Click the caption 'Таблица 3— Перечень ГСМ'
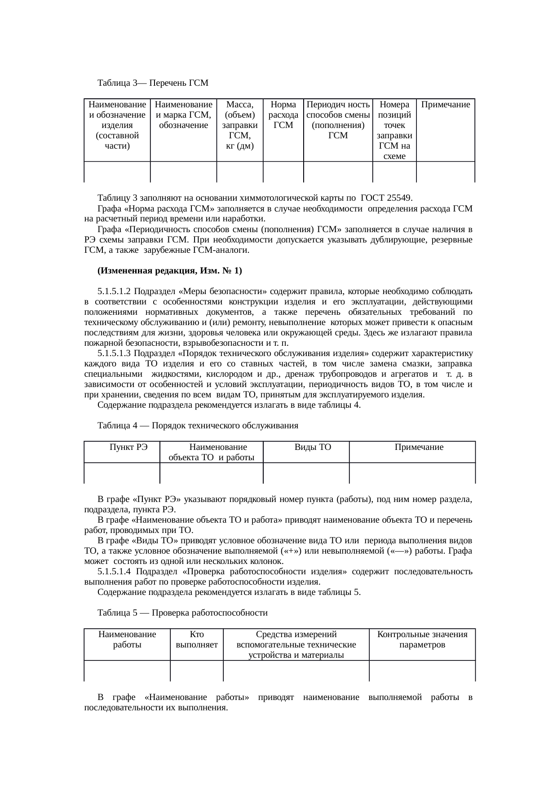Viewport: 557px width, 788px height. (153, 83)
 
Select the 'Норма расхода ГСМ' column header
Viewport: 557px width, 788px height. (283, 115)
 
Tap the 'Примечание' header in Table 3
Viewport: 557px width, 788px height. (445, 105)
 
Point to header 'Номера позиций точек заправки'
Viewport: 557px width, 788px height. (394, 130)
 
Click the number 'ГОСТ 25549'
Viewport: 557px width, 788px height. (387, 198)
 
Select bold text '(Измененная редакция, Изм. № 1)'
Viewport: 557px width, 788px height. (169, 271)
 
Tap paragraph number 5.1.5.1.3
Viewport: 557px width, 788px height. (114, 353)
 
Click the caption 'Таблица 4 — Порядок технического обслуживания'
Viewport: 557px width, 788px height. (198, 425)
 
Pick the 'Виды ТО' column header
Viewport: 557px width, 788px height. (313, 447)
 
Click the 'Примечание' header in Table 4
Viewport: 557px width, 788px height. (419, 447)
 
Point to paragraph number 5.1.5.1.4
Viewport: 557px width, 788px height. (115, 572)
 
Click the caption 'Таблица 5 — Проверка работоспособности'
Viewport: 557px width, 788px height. (182, 613)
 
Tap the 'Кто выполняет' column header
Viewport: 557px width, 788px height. (197, 639)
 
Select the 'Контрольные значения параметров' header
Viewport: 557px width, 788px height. (422, 639)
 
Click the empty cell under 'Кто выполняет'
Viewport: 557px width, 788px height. (197, 670)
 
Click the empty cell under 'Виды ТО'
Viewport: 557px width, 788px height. (306, 473)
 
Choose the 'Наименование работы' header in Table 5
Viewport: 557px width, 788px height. (127, 639)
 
